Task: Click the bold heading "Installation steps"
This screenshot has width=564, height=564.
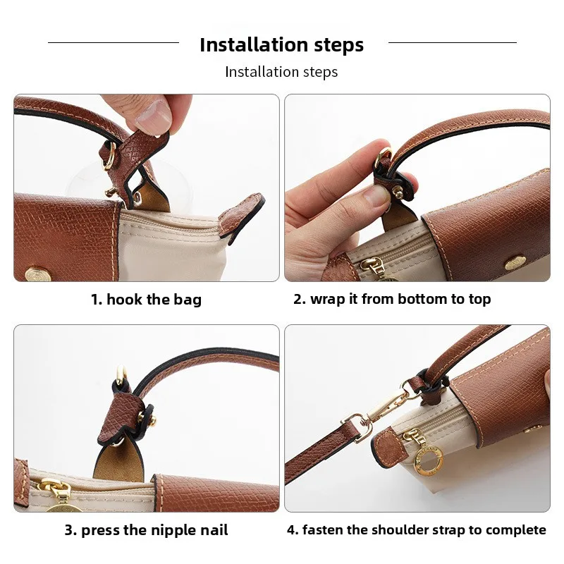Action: pos(281,45)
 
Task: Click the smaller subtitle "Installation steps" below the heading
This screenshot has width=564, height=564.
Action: pos(281,72)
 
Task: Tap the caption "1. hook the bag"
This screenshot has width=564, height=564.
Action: pos(146,300)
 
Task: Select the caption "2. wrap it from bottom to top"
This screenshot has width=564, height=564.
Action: pos(392,299)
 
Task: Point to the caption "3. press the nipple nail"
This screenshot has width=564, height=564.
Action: pos(146,530)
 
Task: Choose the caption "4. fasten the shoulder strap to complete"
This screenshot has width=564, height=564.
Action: pos(416,530)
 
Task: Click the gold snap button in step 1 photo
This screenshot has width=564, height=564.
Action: pos(34,272)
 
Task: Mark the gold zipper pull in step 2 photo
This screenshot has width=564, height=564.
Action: pos(369,266)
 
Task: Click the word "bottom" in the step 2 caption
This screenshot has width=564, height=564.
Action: pos(422,299)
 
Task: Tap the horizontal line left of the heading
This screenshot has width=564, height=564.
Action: pos(113,42)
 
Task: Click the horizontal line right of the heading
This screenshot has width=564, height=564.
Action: pos(452,42)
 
